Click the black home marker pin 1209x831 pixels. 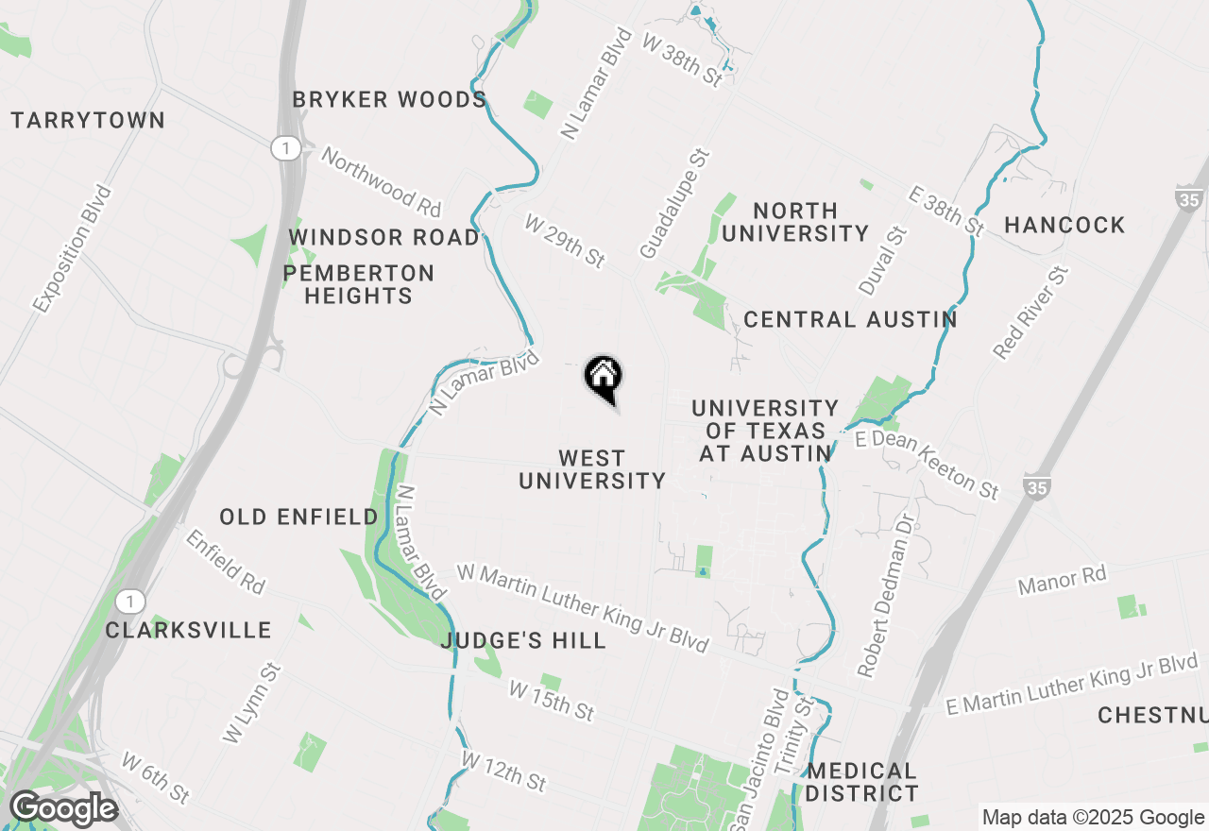pos(604,379)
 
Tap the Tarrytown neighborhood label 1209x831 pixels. pos(88,121)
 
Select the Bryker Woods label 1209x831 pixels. pos(389,100)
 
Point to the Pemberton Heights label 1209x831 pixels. pos(359,284)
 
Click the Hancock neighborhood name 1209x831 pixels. pos(1064,226)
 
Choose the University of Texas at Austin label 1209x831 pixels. pos(765,431)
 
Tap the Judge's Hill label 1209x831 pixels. pos(523,641)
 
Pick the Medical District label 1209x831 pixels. pos(861,783)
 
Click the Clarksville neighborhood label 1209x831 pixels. pos(188,631)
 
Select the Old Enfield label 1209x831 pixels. pos(298,517)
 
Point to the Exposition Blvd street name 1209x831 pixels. pos(72,249)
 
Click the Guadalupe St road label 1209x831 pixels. pos(673,204)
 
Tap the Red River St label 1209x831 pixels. pos(1030,313)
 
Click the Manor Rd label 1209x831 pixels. pos(1062,581)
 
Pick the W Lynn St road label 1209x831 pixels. pos(252,703)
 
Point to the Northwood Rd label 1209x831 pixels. pos(381,179)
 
